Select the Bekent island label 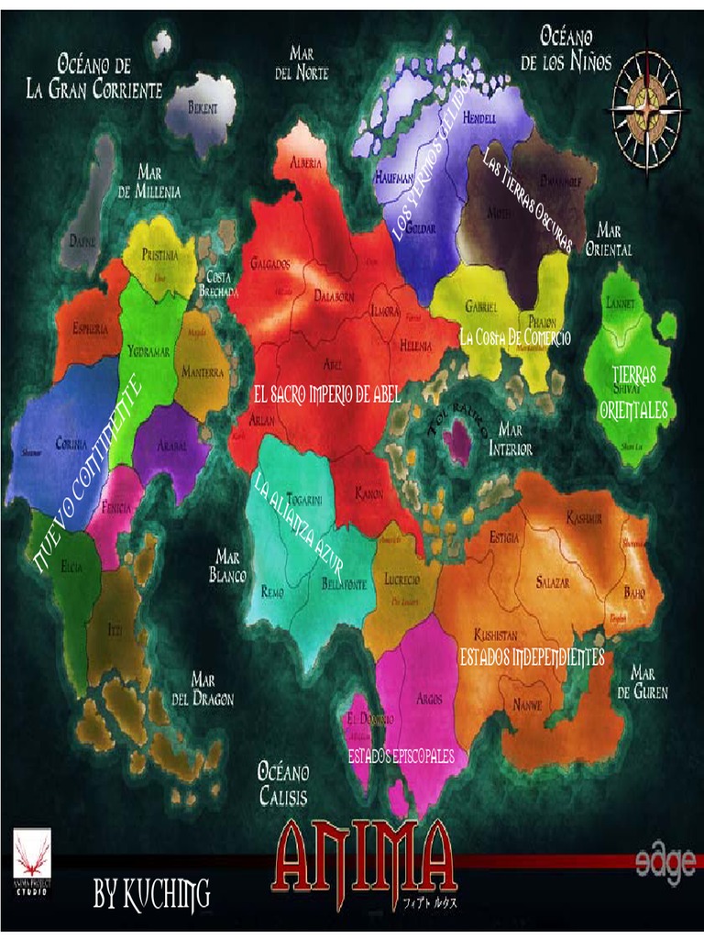203,108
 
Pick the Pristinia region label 160,257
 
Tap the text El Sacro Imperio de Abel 327,396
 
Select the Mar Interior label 511,438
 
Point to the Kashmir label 584,518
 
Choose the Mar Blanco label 228,566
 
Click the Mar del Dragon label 203,689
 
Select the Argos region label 429,699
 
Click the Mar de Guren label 643,682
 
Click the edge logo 665,867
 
